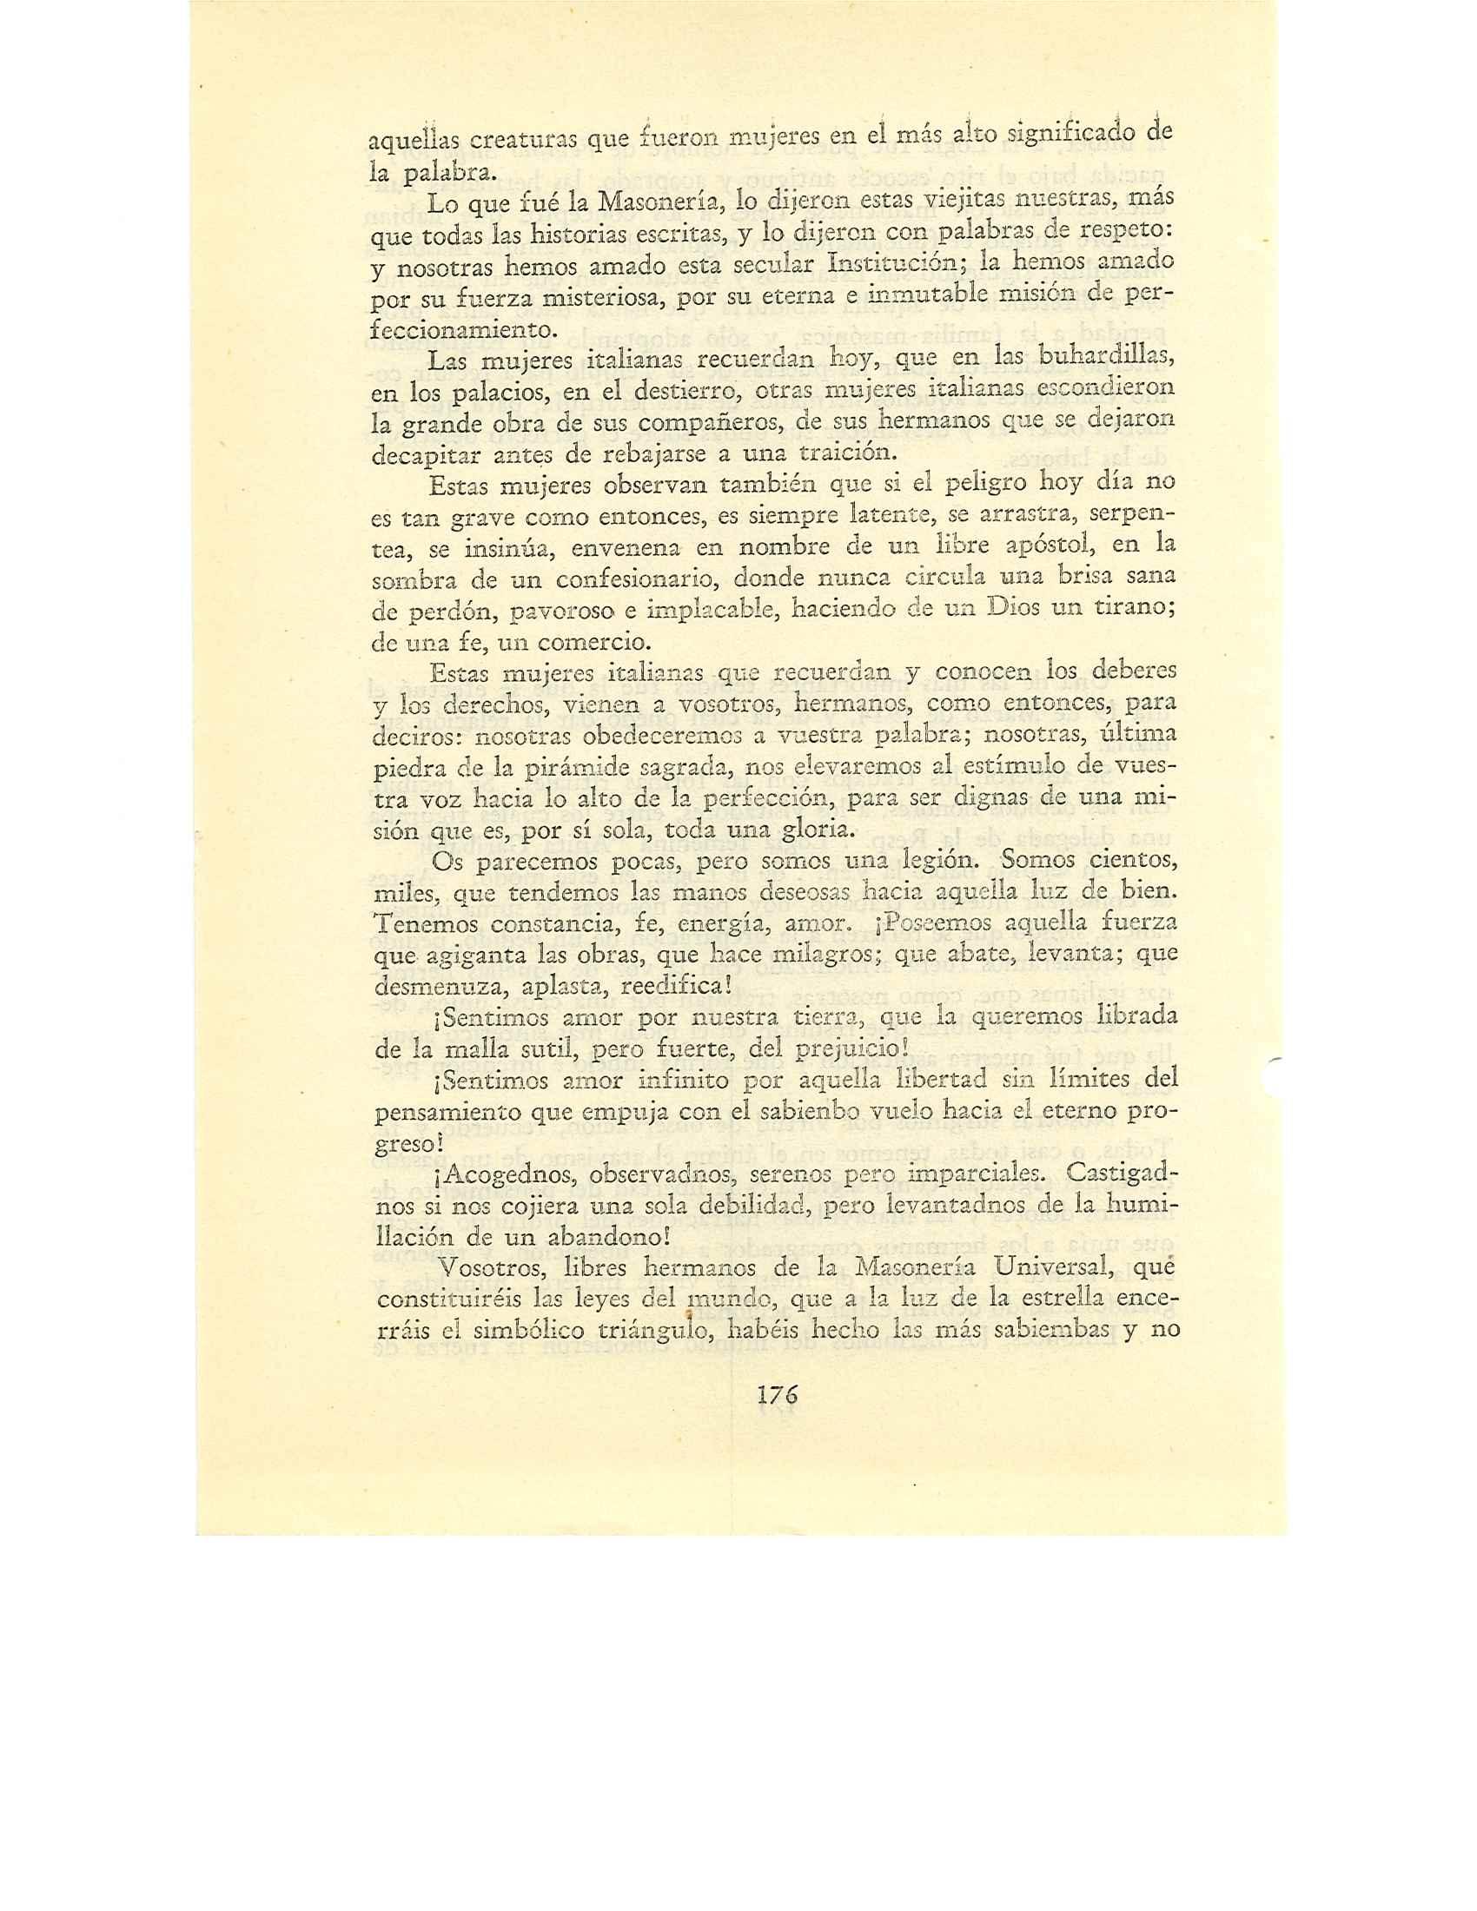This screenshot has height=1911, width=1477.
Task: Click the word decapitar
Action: coord(418,454)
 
